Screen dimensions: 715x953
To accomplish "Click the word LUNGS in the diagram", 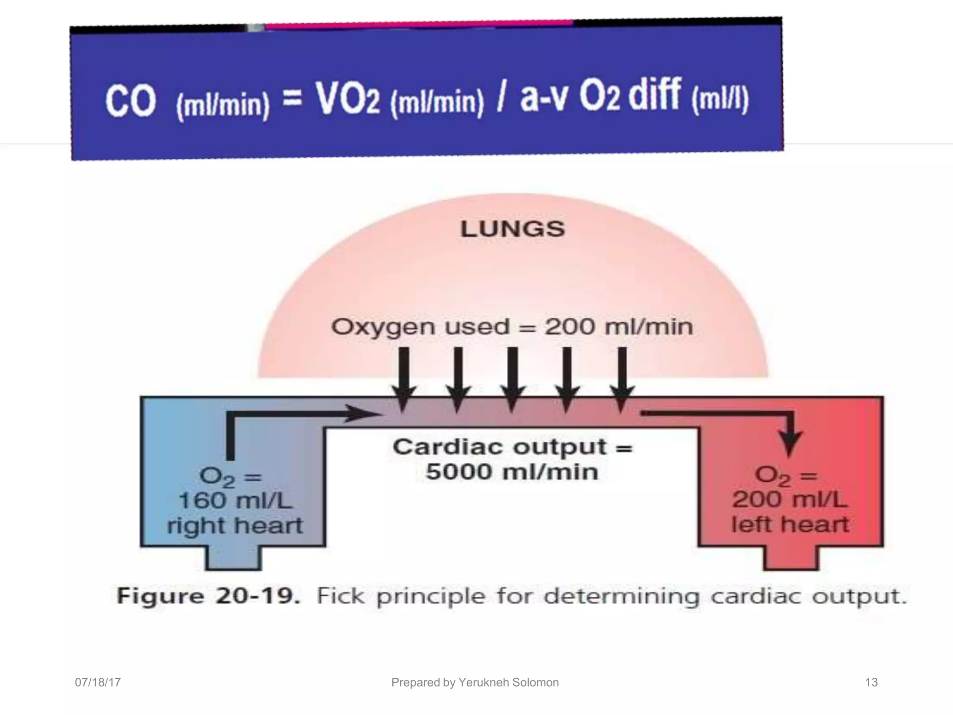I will click(512, 229).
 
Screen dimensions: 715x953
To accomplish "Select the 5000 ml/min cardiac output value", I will click(512, 472).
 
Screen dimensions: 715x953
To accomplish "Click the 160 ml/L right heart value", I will click(235, 501).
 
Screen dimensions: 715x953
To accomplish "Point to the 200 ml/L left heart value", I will click(790, 500).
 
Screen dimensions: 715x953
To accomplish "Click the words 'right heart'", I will click(235, 526).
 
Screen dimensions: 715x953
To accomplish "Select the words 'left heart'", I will click(790, 525).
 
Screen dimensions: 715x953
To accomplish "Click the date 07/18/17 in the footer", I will click(98, 682).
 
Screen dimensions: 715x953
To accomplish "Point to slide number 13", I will click(871, 682).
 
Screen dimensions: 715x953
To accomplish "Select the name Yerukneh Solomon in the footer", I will click(508, 682).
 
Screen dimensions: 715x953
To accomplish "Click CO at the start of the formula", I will click(130, 101).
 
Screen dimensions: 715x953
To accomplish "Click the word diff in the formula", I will click(655, 95).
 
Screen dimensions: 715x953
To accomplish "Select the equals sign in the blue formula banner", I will click(292, 99).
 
